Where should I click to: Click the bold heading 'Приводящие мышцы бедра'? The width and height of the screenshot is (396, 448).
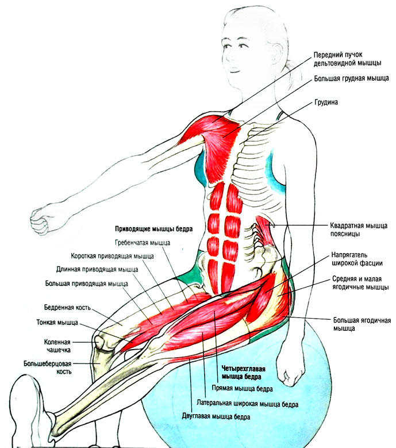tap(153, 228)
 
